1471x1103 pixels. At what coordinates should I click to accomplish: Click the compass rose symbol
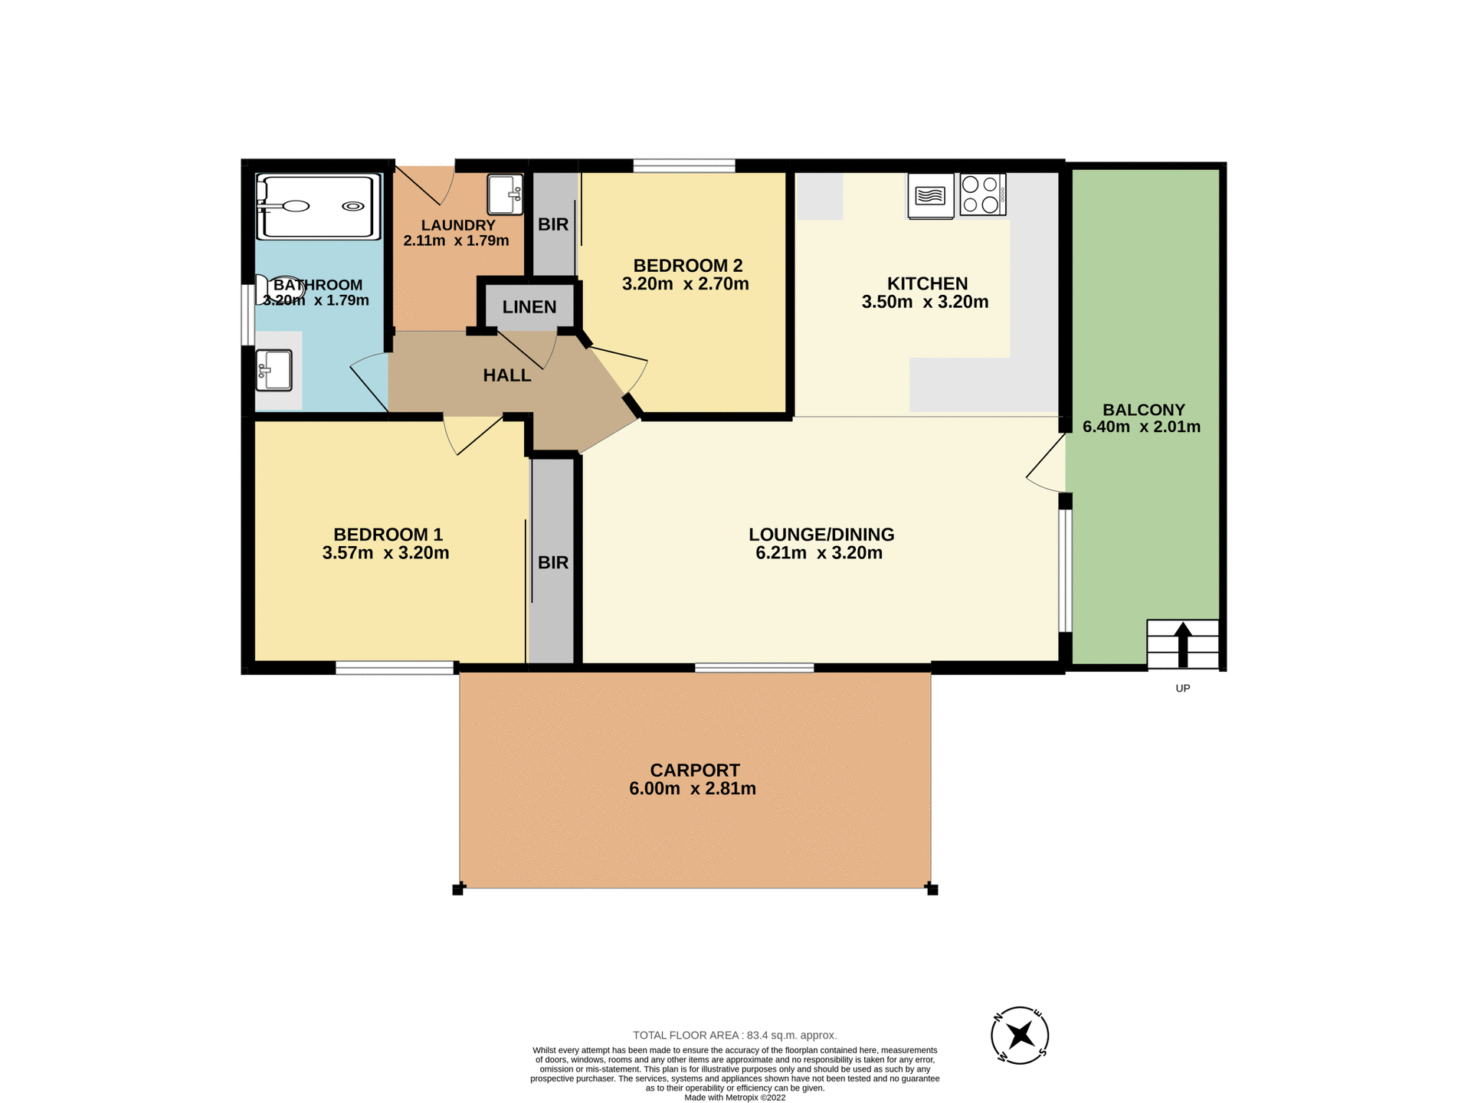click(x=1020, y=1036)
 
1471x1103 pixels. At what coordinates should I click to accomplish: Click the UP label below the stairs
click(x=1182, y=688)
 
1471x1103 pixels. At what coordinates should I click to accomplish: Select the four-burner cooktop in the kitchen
click(x=982, y=194)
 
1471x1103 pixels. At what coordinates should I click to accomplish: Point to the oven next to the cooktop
click(x=930, y=195)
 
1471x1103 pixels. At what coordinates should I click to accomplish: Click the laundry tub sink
click(x=505, y=195)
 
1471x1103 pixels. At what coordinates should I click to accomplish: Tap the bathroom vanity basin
click(x=274, y=371)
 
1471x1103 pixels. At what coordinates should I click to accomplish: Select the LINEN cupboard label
click(x=529, y=307)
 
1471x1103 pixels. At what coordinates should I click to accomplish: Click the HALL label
click(x=506, y=375)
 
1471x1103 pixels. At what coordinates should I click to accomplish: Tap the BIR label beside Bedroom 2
click(x=552, y=224)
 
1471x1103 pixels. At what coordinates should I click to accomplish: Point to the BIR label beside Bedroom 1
click(x=552, y=563)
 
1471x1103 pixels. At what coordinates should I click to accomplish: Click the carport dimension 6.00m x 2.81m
click(x=692, y=789)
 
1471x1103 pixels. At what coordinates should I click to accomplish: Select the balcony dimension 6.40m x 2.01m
click(x=1141, y=427)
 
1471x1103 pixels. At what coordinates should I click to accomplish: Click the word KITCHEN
click(x=927, y=283)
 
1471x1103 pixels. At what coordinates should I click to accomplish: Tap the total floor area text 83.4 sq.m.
click(x=734, y=1035)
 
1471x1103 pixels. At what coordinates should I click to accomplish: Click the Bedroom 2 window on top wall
click(x=683, y=165)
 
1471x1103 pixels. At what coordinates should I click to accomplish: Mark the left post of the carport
click(x=458, y=889)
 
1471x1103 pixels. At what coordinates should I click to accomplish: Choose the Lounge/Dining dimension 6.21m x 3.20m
click(x=818, y=553)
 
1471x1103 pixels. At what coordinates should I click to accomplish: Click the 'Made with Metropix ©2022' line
click(x=734, y=1098)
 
